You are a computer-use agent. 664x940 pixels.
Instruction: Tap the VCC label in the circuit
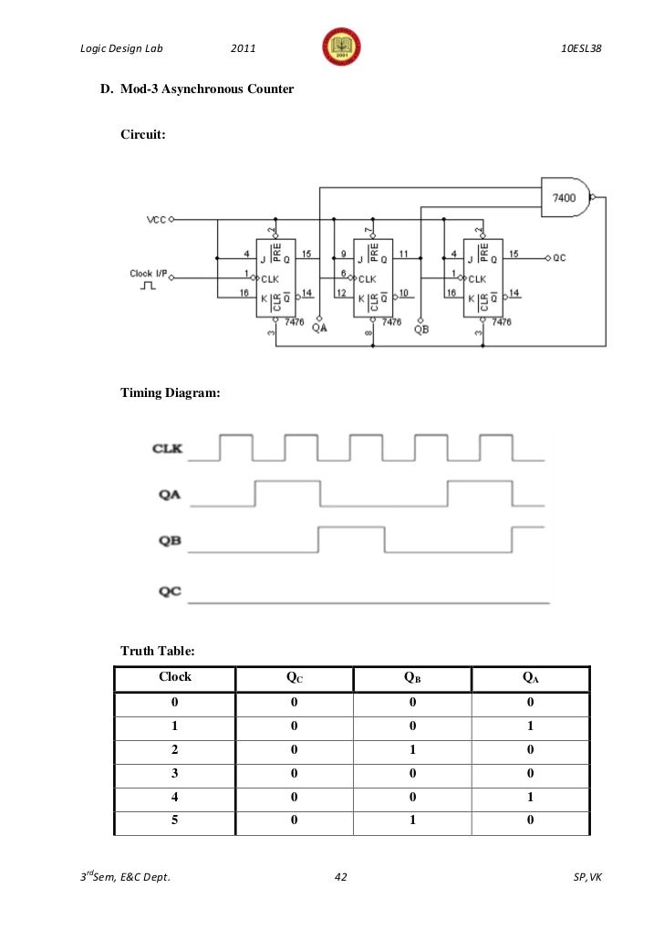(156, 220)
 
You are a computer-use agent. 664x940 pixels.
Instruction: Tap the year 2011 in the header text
(243, 47)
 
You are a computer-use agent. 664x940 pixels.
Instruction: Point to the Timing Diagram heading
(171, 393)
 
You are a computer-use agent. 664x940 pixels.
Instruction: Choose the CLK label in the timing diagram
(168, 448)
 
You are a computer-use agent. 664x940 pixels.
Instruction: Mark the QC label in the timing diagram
(169, 591)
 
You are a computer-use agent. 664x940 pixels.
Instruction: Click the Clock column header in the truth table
(175, 677)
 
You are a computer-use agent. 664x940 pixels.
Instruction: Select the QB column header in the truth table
(412, 678)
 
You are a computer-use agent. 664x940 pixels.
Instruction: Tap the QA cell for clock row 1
(531, 727)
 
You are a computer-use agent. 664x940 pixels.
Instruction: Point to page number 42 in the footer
(341, 878)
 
